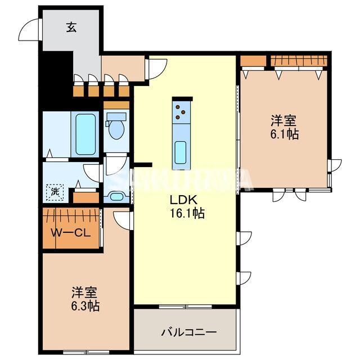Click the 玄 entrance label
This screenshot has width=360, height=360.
(x=71, y=27)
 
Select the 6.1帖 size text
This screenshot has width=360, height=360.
(x=283, y=134)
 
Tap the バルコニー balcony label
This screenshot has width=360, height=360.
(x=190, y=332)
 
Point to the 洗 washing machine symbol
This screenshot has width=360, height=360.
(x=55, y=192)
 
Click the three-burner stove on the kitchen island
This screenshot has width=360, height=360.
(x=182, y=112)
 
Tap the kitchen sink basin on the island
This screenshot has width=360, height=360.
(x=181, y=151)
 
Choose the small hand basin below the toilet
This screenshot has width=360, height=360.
(x=117, y=196)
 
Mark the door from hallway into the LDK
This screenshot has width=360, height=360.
(x=154, y=67)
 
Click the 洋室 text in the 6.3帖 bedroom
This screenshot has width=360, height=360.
(x=84, y=293)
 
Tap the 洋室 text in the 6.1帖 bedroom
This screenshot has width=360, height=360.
(x=283, y=120)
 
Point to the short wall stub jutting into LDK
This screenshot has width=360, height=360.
(x=143, y=165)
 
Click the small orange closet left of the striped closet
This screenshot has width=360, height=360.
(x=253, y=60)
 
